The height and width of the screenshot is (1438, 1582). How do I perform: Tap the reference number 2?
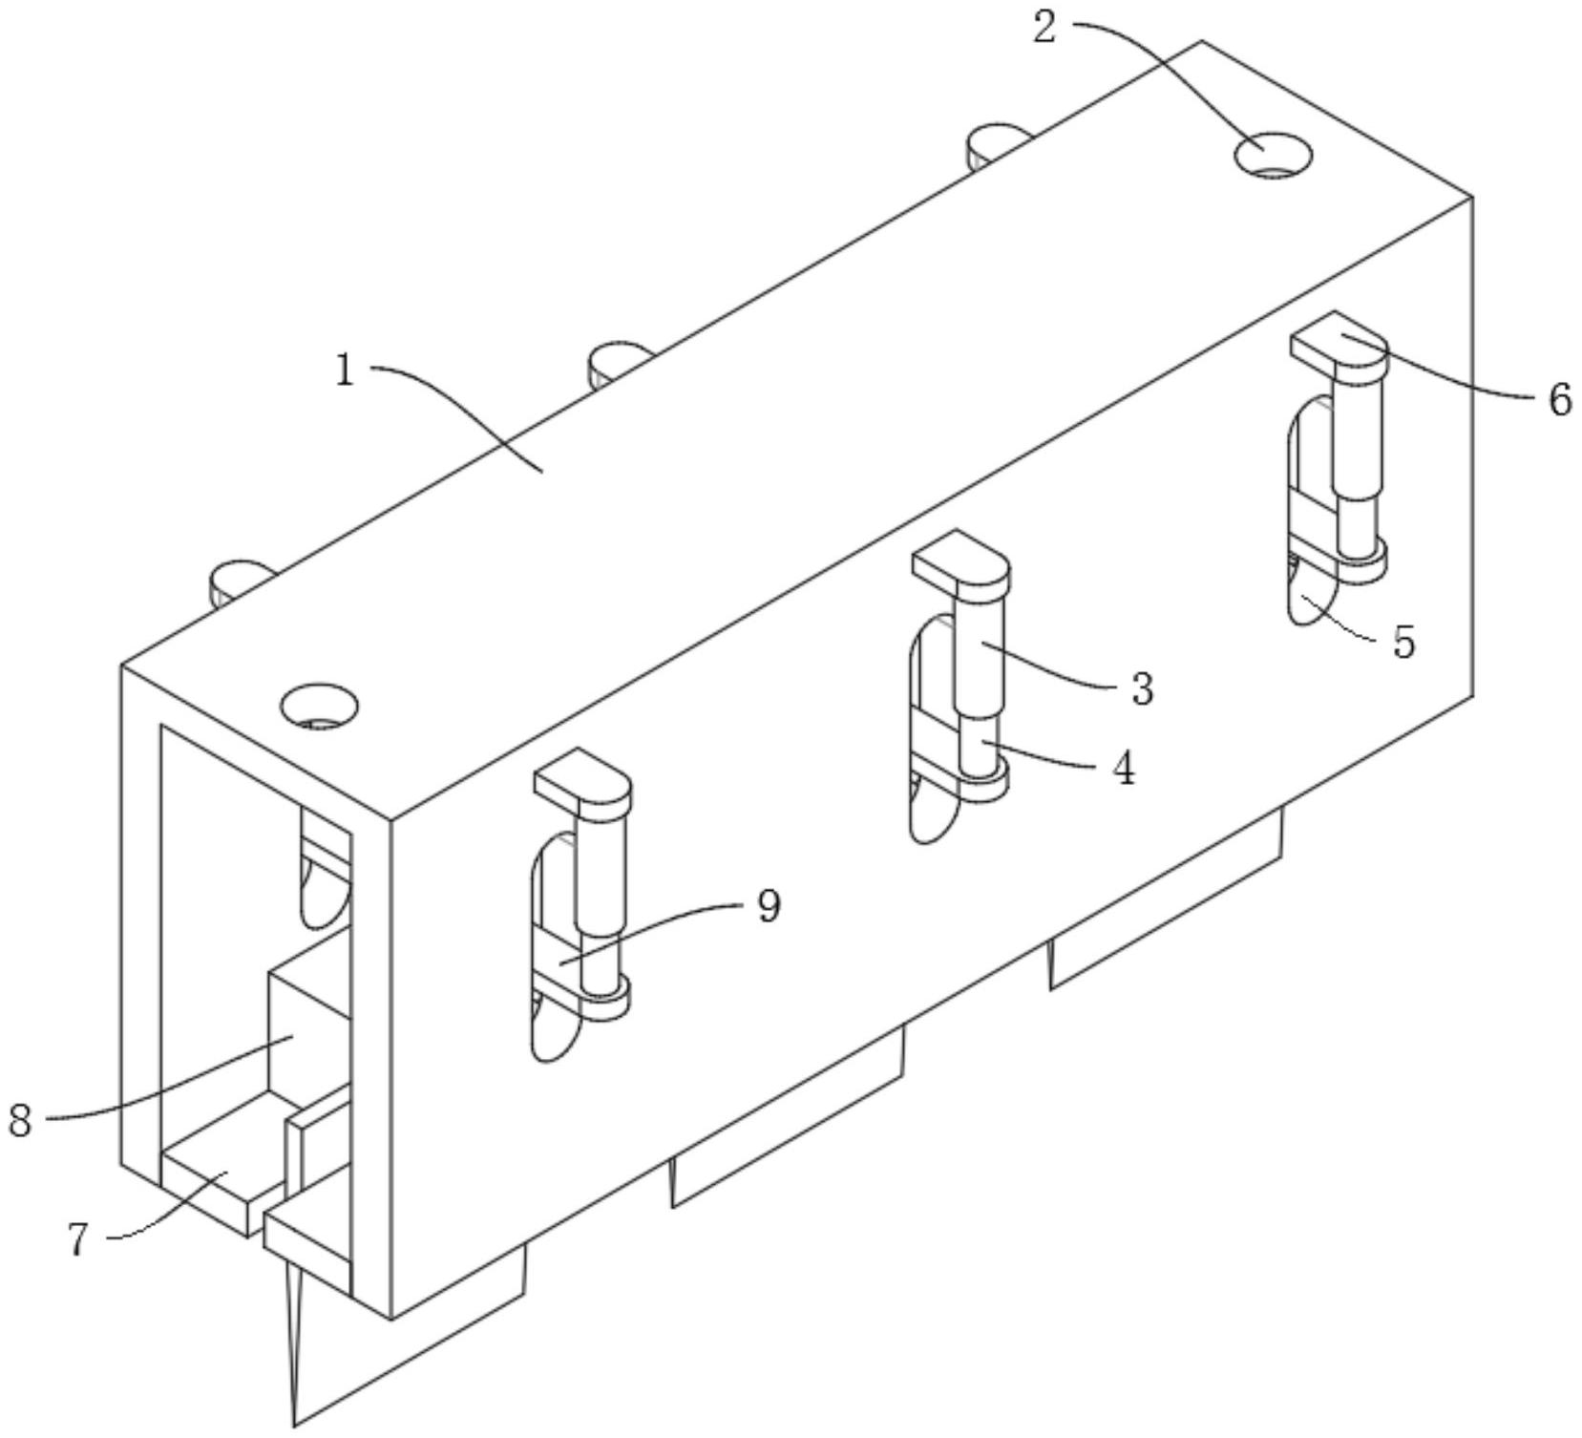click(1045, 28)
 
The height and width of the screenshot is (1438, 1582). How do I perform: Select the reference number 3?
click(1142, 688)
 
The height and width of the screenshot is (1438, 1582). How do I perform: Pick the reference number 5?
click(1403, 643)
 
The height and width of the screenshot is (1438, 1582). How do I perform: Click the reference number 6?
click(1559, 399)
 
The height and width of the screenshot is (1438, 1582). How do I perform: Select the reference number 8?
click(21, 1119)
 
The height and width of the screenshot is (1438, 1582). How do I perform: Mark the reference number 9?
click(769, 905)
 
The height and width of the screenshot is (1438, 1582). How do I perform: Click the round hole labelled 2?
click(1273, 155)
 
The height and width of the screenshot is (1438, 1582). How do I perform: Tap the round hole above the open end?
click(319, 707)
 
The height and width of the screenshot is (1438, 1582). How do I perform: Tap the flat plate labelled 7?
click(221, 1177)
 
